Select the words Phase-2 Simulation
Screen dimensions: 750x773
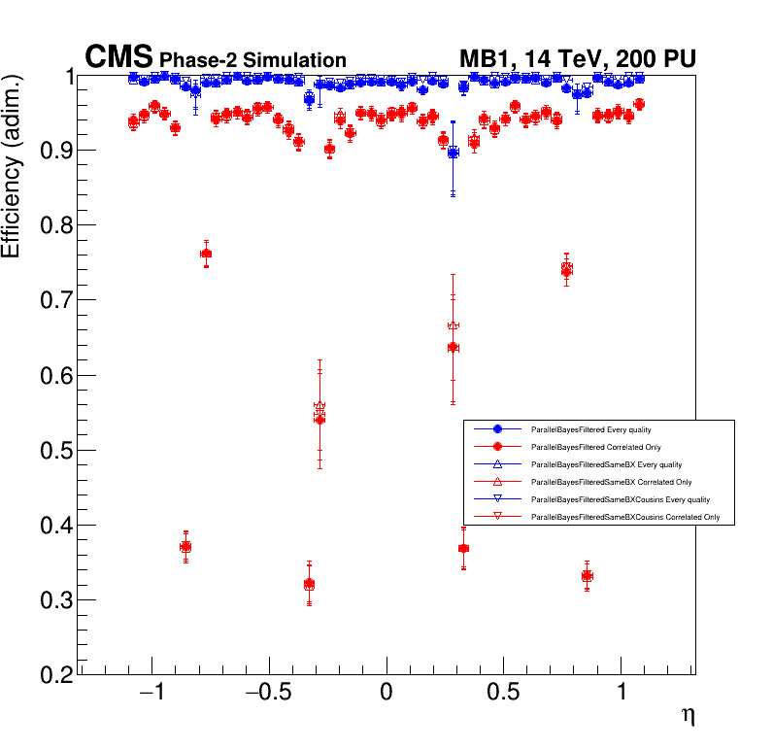(x=252, y=60)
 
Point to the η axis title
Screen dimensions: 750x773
(x=688, y=716)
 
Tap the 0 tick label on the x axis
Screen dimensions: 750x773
(x=386, y=696)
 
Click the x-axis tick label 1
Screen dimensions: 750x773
(x=622, y=696)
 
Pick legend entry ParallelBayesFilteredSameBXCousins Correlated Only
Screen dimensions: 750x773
(x=625, y=518)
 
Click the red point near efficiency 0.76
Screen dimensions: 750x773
(x=206, y=254)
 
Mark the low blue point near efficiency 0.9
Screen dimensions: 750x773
(x=453, y=153)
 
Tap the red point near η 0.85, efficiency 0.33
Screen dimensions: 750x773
(x=587, y=576)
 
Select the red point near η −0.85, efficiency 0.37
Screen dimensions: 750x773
(x=185, y=547)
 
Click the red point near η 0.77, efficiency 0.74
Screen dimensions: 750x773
(x=566, y=270)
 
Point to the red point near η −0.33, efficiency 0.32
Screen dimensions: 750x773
(x=309, y=585)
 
